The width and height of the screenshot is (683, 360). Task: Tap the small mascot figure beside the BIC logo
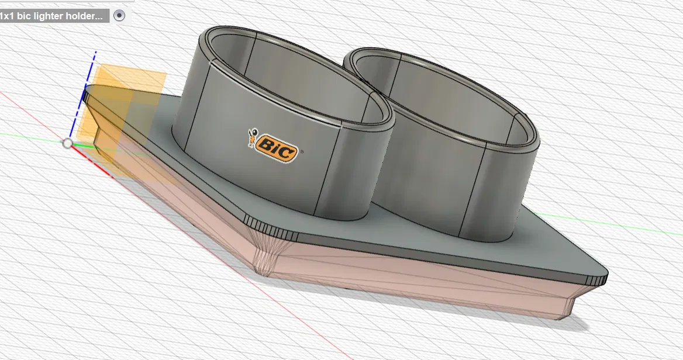(x=253, y=138)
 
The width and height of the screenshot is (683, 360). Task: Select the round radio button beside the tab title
(x=119, y=16)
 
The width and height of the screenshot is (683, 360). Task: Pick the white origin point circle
(x=68, y=143)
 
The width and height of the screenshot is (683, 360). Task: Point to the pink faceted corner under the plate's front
(x=266, y=254)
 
